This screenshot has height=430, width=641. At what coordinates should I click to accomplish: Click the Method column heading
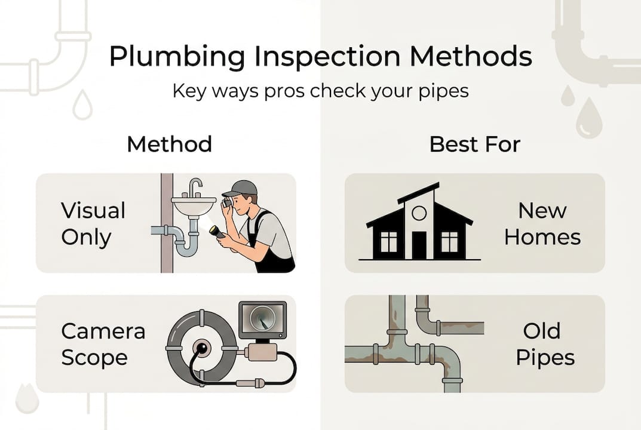[x=169, y=145]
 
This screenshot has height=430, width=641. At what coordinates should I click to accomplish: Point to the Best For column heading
[x=475, y=145]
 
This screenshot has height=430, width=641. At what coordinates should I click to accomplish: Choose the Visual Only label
[x=93, y=224]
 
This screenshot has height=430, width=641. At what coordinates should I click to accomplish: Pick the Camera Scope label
[x=103, y=345]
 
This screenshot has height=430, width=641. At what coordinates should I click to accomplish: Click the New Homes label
[x=542, y=224]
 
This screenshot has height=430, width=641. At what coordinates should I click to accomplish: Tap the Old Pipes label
[x=545, y=345]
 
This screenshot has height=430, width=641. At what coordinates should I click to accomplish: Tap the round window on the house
[x=419, y=213]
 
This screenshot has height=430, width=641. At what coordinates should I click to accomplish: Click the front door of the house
[x=419, y=245]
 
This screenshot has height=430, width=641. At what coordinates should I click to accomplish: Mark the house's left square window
[x=388, y=241]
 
